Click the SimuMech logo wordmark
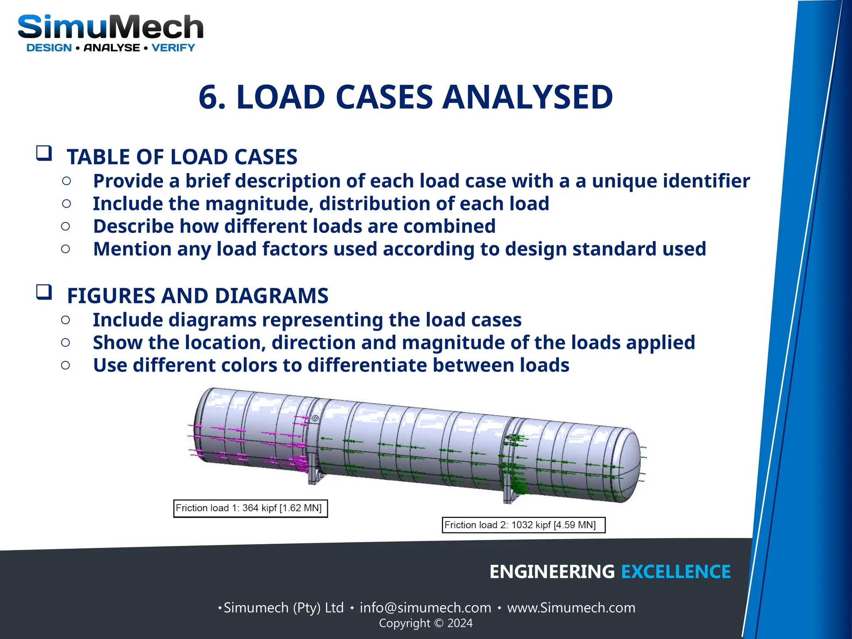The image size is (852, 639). (110, 27)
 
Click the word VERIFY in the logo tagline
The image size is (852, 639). (173, 48)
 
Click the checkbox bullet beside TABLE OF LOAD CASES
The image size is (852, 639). (44, 153)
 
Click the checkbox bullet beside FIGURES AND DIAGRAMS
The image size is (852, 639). (44, 292)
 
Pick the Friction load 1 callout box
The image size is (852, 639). (250, 508)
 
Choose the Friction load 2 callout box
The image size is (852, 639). (523, 525)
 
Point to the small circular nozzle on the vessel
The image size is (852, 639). (315, 418)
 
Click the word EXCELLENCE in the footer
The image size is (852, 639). (676, 572)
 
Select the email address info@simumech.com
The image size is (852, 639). (425, 608)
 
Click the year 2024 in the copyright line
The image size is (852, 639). (460, 623)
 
